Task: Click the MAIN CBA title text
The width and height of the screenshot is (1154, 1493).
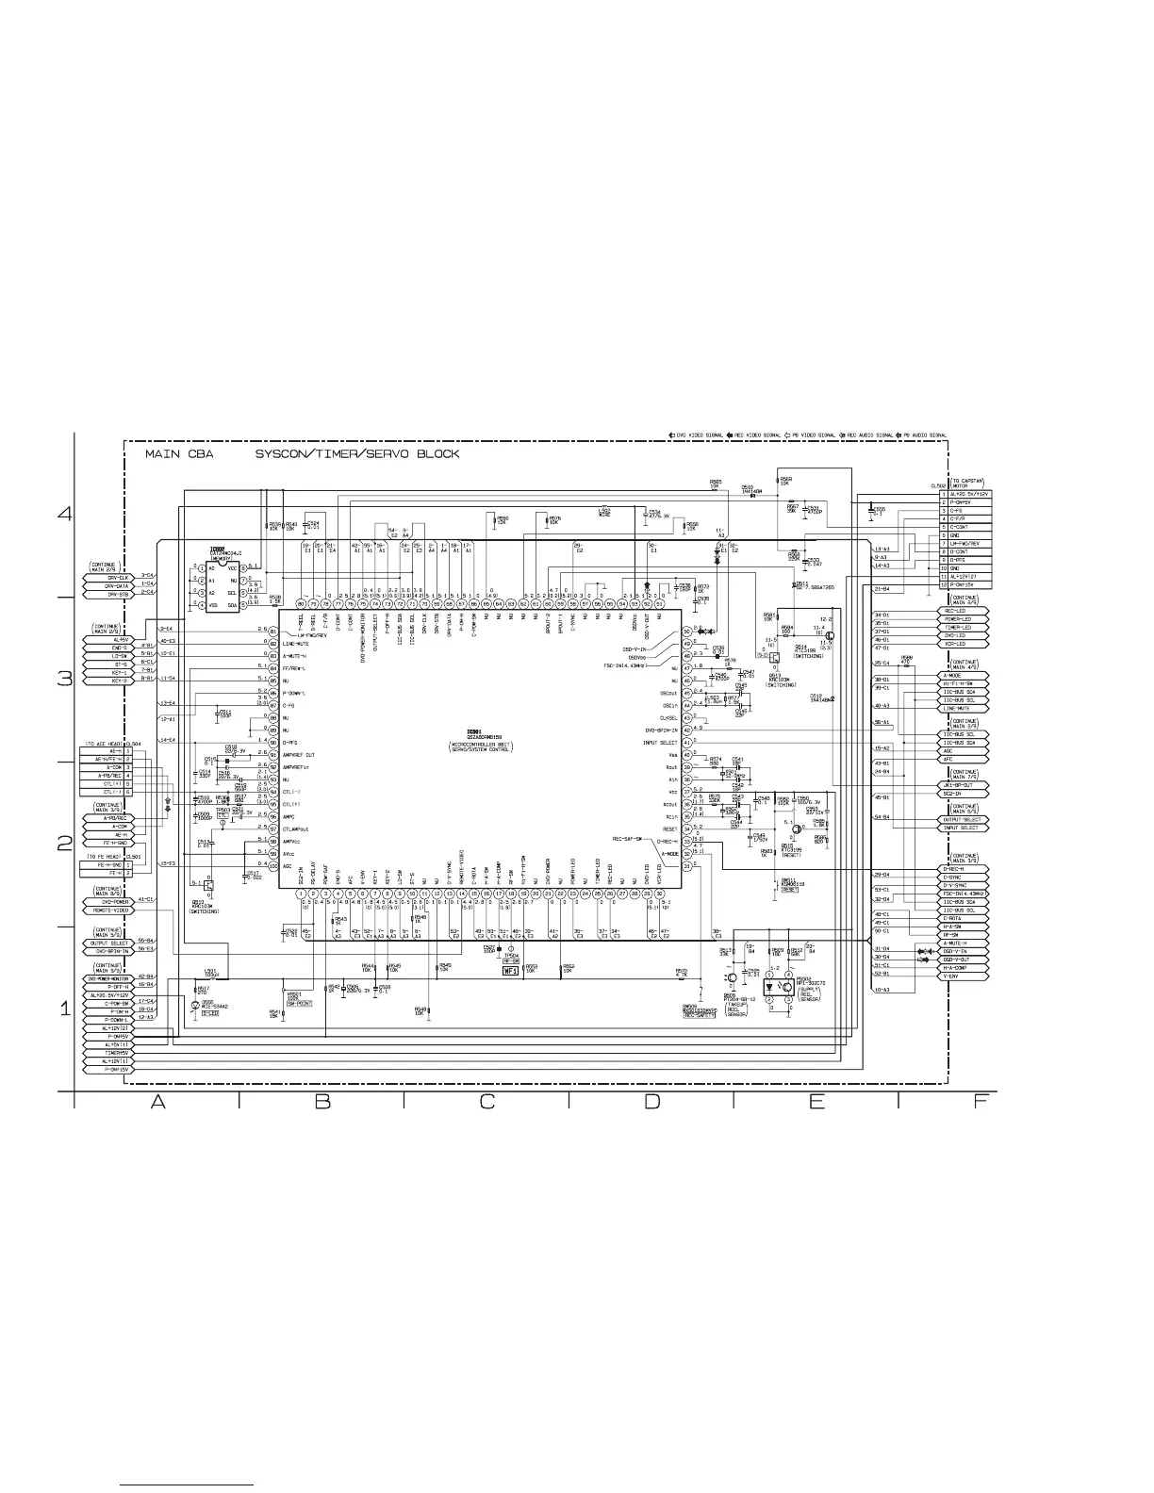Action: [179, 454]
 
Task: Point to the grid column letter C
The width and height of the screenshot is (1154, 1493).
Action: [486, 1102]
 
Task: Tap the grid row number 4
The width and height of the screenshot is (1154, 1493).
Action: [65, 515]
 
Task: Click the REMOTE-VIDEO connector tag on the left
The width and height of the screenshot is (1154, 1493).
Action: [109, 911]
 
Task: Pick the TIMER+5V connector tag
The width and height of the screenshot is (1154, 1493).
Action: [110, 1052]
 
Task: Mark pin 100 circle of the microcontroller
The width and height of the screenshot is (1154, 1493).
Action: [272, 865]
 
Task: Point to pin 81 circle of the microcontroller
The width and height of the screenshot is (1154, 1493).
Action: [272, 631]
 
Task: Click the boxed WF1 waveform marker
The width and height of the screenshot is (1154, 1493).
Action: [511, 970]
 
